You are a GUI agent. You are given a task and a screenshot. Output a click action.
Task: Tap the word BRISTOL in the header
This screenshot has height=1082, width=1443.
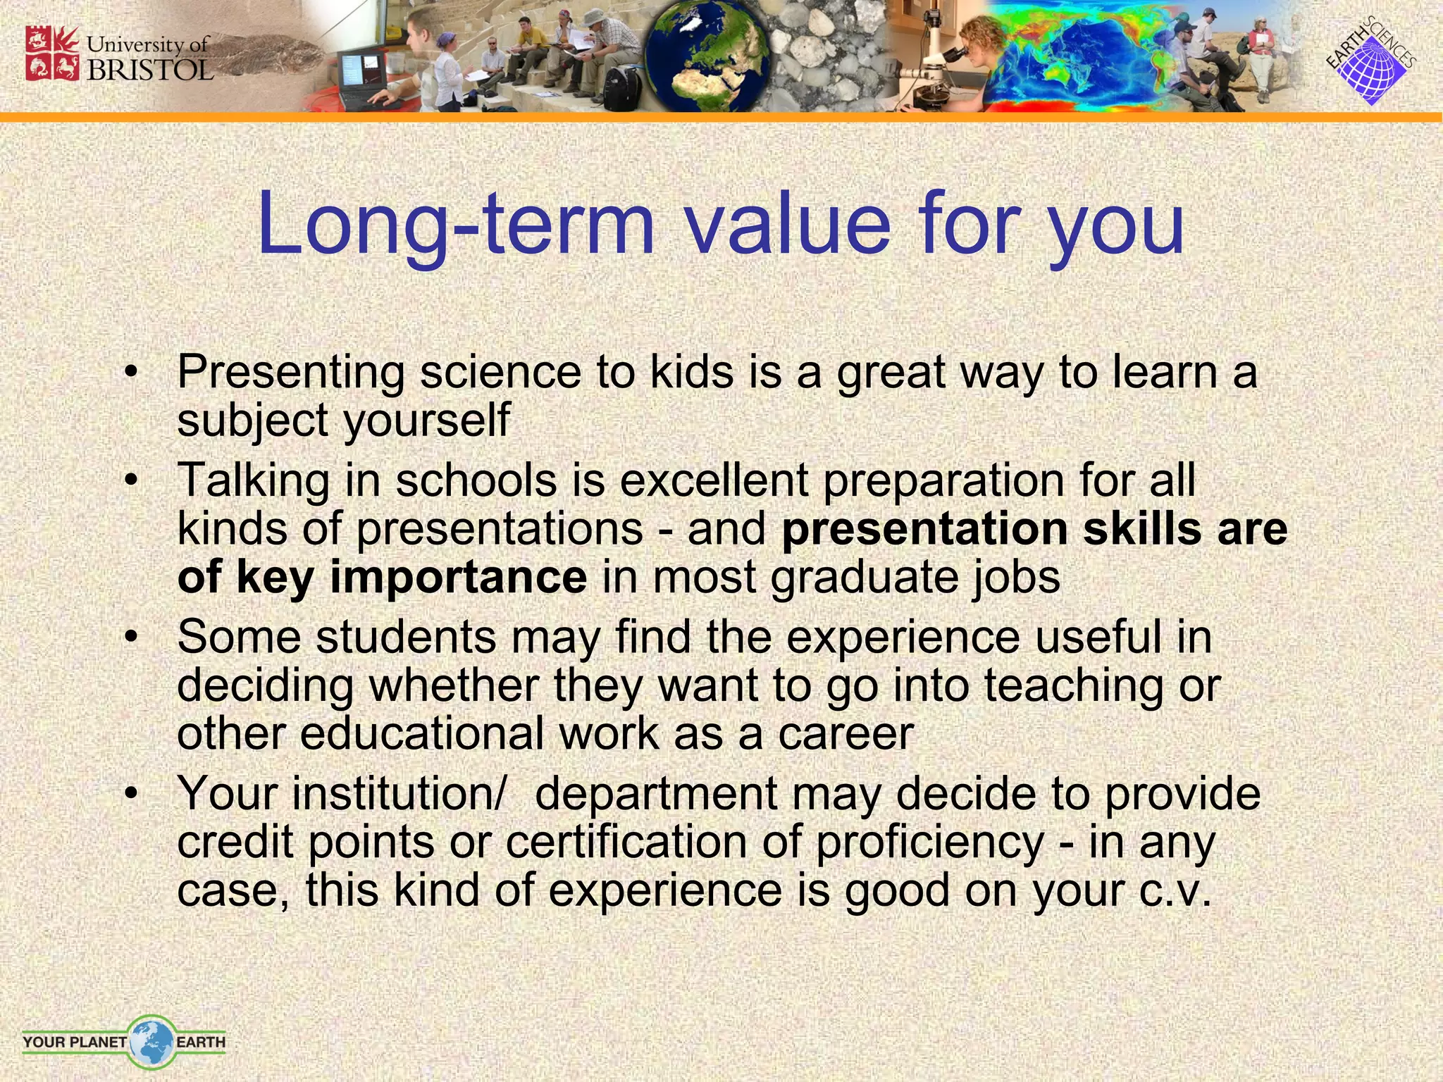(x=150, y=70)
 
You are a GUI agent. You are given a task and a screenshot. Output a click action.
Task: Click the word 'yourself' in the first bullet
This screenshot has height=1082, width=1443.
(x=426, y=421)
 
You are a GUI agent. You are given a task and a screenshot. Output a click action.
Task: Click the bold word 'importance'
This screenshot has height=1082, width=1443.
(x=458, y=577)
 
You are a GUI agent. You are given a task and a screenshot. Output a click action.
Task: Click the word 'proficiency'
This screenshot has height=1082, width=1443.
(x=929, y=842)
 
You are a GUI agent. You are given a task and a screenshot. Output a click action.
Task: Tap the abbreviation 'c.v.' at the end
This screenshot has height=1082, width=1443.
(x=1175, y=890)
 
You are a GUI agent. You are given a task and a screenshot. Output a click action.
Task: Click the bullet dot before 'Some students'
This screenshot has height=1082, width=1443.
(x=130, y=638)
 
